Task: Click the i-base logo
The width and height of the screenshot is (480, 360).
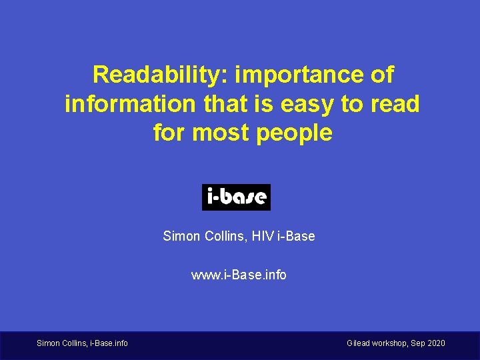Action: (236, 197)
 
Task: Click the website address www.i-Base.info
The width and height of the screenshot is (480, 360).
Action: (239, 275)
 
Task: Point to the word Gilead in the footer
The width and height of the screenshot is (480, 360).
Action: (361, 343)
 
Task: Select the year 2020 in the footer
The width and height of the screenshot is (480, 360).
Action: (436, 343)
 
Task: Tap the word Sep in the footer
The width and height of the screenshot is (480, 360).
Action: (418, 343)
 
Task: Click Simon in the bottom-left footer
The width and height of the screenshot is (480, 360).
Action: (47, 343)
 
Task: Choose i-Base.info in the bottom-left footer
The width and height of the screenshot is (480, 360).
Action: (109, 343)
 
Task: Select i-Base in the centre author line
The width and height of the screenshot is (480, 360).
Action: (297, 236)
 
